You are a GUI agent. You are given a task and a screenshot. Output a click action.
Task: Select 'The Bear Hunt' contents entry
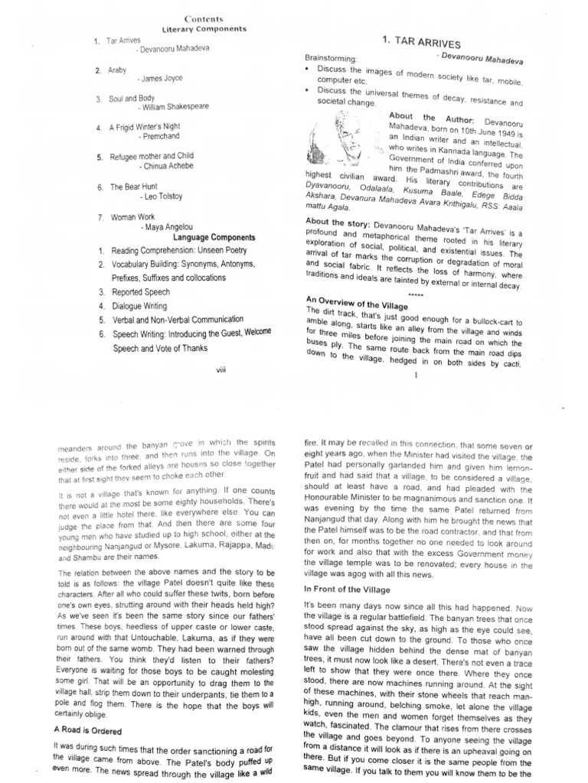point(135,187)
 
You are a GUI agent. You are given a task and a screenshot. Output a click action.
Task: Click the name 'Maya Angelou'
point(167,227)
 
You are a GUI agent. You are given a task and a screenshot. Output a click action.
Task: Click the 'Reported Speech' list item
point(141,292)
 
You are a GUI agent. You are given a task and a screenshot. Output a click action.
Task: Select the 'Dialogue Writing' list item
point(139,307)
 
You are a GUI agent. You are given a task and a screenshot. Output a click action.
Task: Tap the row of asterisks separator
point(415,294)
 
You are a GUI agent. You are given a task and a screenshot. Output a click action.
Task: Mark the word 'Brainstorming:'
point(331,58)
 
